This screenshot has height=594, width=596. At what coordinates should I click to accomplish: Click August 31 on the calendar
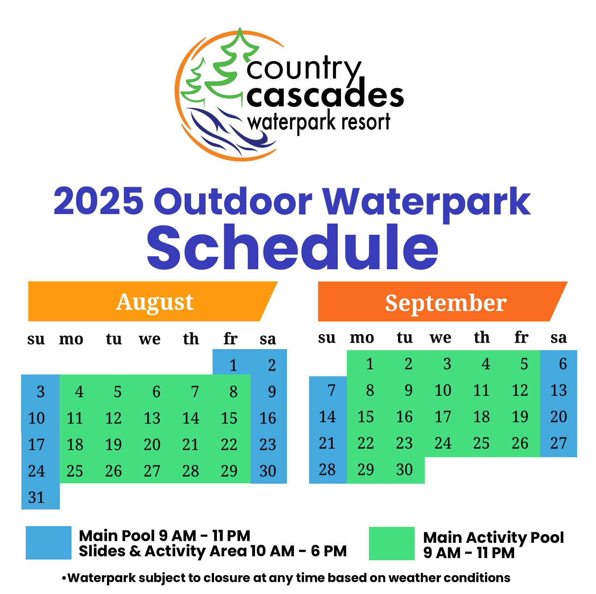point(37,497)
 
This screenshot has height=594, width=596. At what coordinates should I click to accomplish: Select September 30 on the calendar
point(404,470)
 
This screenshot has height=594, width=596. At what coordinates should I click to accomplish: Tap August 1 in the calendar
point(233,365)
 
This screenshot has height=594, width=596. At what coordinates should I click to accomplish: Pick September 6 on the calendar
point(563,364)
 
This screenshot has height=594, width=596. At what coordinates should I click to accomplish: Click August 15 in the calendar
point(229,418)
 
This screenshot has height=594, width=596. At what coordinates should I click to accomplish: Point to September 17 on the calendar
point(443,417)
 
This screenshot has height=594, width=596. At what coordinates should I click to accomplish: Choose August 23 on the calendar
point(268,445)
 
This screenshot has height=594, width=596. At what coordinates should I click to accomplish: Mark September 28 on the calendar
point(327,470)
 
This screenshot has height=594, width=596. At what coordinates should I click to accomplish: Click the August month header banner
point(153,301)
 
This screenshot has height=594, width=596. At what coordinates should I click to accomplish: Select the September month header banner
point(443,302)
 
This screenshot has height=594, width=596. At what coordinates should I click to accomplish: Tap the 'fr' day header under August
point(230,339)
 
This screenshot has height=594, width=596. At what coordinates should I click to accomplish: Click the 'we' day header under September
point(440,338)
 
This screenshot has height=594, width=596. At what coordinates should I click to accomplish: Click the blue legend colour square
point(49,543)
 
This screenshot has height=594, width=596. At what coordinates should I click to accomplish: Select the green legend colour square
point(392,544)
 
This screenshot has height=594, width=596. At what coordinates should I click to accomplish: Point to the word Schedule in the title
point(292,247)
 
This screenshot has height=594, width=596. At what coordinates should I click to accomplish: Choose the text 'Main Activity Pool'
point(493,537)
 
